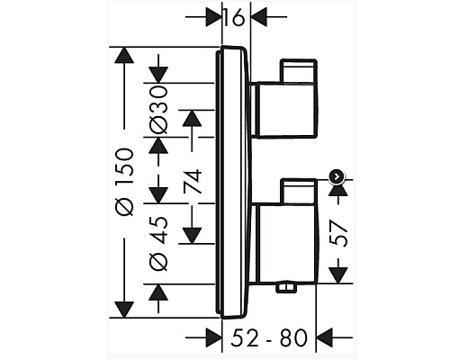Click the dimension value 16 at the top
[x=235, y=17]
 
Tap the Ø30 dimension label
[x=158, y=111]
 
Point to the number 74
[x=191, y=182]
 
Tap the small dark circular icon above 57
[x=337, y=176]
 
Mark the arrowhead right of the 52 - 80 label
[x=320, y=338]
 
